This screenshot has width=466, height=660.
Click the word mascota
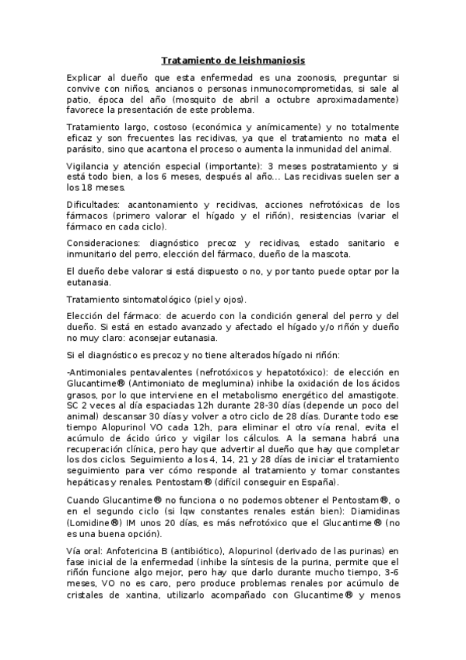pos(333,255)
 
